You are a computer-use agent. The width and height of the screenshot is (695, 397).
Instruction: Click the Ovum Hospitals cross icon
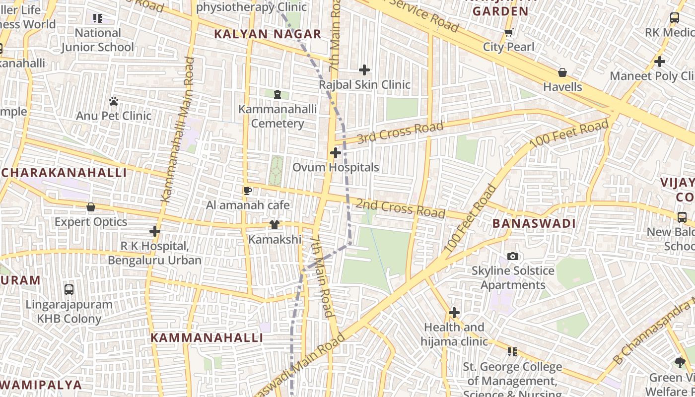(x=336, y=153)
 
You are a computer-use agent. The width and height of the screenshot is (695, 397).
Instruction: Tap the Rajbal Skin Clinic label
(x=364, y=85)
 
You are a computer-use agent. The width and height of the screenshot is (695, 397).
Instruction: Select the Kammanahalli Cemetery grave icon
(x=278, y=94)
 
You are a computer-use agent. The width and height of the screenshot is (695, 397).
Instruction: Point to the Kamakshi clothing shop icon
(x=275, y=225)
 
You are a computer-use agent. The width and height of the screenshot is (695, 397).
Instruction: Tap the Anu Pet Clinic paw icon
(x=114, y=101)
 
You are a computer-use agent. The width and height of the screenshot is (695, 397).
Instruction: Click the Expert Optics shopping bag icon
(x=91, y=207)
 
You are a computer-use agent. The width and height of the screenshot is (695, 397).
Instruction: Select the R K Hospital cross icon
(x=155, y=231)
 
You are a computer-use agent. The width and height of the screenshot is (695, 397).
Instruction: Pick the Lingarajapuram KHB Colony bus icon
(x=69, y=289)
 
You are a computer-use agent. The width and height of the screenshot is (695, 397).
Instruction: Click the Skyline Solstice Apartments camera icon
(x=513, y=256)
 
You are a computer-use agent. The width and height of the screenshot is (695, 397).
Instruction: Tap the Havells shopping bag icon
(x=562, y=72)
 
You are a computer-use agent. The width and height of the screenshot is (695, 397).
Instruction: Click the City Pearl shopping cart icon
(x=508, y=33)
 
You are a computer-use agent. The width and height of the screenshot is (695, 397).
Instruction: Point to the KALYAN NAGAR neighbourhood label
(x=268, y=34)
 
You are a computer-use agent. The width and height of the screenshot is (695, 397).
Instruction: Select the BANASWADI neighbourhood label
(x=534, y=224)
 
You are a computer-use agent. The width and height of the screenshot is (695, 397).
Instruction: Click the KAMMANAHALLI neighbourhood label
(x=207, y=338)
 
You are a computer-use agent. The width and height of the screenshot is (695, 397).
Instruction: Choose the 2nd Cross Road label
(x=400, y=208)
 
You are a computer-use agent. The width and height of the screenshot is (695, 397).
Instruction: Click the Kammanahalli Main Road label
(x=177, y=129)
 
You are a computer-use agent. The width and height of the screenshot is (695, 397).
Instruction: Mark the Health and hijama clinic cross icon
(x=454, y=313)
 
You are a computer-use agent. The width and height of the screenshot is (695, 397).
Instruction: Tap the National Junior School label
(x=98, y=40)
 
